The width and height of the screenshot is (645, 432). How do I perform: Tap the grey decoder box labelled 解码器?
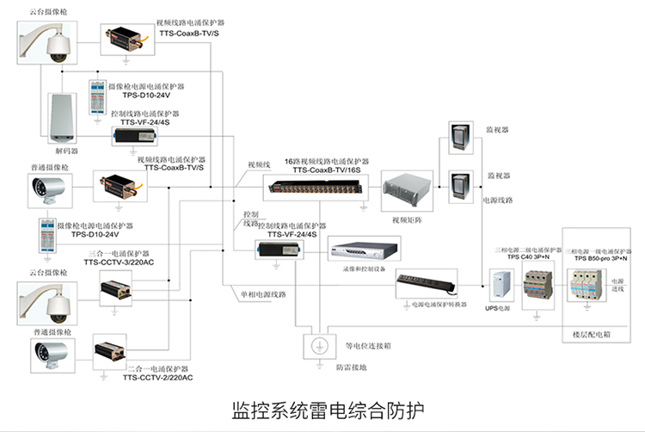pos(60,116)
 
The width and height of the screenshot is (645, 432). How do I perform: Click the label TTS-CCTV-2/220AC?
pos(158,378)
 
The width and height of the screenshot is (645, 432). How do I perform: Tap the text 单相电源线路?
pos(263,294)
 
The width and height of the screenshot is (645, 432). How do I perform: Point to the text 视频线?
pos(260,164)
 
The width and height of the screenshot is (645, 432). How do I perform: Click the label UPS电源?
pos(501,307)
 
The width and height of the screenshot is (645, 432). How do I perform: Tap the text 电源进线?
pos(619,285)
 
